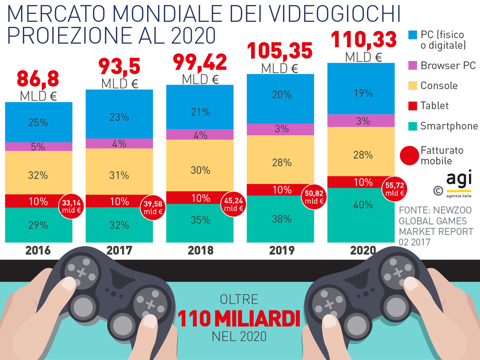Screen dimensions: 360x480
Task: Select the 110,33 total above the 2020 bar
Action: click(x=363, y=40)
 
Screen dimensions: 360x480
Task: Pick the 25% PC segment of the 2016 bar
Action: click(x=39, y=122)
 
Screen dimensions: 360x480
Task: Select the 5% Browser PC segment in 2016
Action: click(x=39, y=146)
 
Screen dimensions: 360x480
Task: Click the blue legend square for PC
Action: click(x=412, y=35)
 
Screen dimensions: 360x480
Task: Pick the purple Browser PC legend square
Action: click(x=412, y=65)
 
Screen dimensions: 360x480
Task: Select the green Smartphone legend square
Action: click(x=412, y=126)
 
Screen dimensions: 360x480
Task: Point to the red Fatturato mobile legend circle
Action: click(x=409, y=155)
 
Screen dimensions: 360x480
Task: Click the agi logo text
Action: click(x=459, y=178)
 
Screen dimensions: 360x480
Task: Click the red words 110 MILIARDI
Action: click(x=239, y=319)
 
